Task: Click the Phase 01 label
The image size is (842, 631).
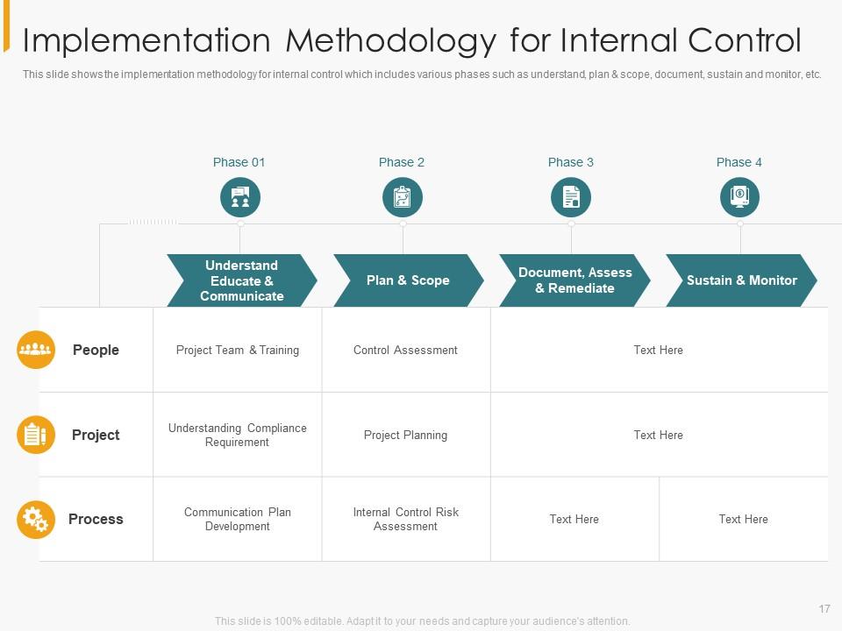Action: click(x=239, y=162)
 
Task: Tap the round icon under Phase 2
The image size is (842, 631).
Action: click(x=403, y=197)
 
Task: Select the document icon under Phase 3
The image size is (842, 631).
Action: click(x=571, y=197)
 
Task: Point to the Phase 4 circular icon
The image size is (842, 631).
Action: click(x=739, y=197)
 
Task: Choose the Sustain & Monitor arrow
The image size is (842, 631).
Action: click(x=741, y=280)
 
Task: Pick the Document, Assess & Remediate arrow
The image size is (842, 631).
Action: click(x=574, y=280)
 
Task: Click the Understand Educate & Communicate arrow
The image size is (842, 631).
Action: click(x=241, y=280)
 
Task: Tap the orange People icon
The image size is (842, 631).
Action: click(x=36, y=350)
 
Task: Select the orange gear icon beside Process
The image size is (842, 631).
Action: click(x=36, y=520)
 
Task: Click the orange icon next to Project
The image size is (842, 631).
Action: click(x=36, y=435)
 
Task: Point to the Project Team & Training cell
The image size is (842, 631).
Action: click(x=238, y=350)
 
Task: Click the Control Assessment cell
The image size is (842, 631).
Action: click(x=405, y=350)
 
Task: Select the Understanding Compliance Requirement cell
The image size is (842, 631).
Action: click(x=238, y=435)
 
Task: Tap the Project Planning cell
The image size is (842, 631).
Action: click(x=405, y=435)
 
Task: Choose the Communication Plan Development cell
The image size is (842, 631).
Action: click(x=238, y=519)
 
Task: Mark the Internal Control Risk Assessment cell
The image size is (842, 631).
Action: click(x=405, y=519)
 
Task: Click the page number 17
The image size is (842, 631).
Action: click(x=824, y=608)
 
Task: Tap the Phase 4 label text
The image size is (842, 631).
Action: click(x=739, y=162)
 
